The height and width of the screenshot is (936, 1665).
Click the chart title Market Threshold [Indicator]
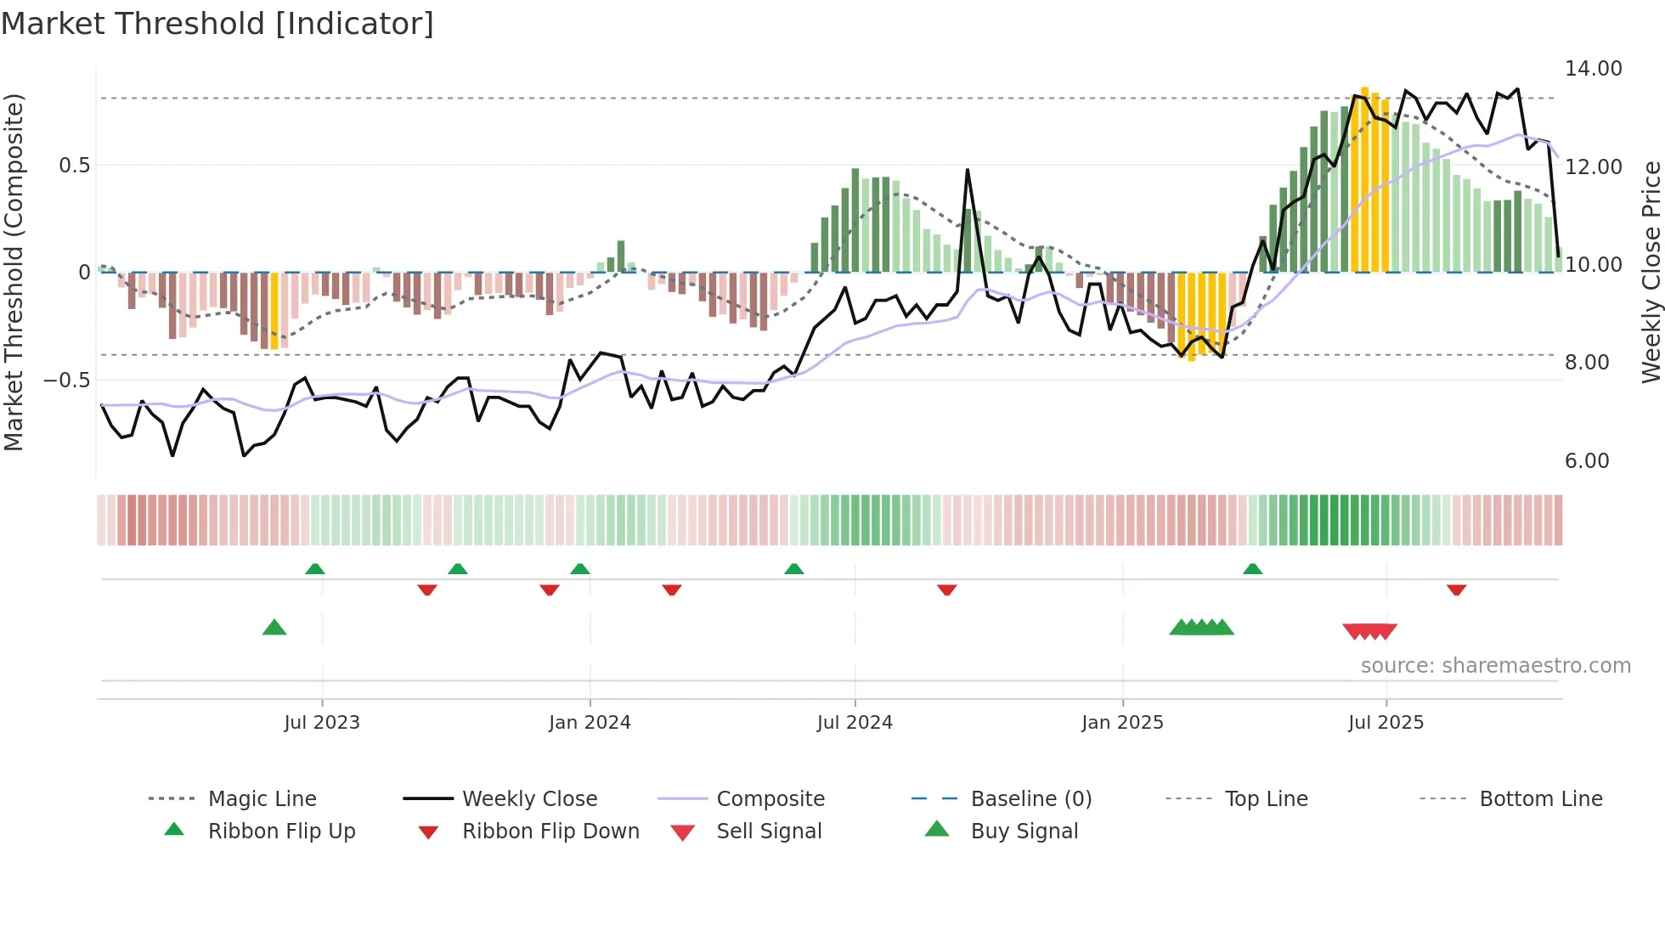[217, 24]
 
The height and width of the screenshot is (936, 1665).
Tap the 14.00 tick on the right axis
[1593, 69]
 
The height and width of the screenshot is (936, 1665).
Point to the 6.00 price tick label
[1586, 461]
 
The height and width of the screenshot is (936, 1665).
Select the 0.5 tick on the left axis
[74, 166]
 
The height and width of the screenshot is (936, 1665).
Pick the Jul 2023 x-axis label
[322, 723]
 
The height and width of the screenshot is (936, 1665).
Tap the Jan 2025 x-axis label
[1122, 723]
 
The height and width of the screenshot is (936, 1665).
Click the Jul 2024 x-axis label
[855, 723]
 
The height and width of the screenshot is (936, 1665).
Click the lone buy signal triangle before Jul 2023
[274, 628]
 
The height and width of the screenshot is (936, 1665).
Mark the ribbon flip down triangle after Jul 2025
[1456, 589]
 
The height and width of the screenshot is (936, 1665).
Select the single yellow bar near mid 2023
[274, 311]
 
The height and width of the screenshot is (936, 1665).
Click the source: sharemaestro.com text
[1495, 666]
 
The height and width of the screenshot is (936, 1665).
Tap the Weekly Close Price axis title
[1651, 272]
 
